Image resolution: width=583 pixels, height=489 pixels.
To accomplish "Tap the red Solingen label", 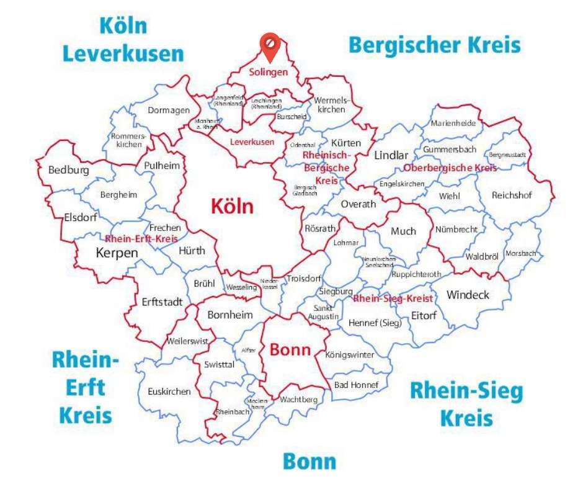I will tap(269, 72).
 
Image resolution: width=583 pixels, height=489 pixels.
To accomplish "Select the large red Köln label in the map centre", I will tap(232, 206).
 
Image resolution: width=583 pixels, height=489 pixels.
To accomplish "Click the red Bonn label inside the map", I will tap(290, 349).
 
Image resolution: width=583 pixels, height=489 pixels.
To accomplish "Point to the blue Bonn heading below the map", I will tap(309, 462).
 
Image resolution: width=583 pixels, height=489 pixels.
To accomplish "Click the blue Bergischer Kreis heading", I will tap(434, 45).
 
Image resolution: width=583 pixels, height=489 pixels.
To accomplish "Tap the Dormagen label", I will tap(169, 110).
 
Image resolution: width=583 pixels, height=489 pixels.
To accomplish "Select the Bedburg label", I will tap(68, 170).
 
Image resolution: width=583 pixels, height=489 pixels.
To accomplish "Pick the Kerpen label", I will tap(117, 253).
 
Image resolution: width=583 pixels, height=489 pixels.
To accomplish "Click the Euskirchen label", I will tap(169, 392).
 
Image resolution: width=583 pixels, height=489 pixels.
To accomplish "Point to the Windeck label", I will tap(468, 295).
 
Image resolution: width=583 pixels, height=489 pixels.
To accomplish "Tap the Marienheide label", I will tap(453, 123).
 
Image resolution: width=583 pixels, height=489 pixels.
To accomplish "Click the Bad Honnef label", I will tap(356, 385).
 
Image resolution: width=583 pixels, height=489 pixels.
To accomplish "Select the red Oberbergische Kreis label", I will tap(450, 168).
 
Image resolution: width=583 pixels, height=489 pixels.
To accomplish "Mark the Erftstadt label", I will tap(162, 302).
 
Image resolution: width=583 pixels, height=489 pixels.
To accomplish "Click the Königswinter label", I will tap(350, 355).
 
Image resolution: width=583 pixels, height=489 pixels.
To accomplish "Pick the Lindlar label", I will tap(391, 156).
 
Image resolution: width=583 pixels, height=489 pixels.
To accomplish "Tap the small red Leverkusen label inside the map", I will tap(252, 142).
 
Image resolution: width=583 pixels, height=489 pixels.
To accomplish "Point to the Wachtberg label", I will tap(298, 400).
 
